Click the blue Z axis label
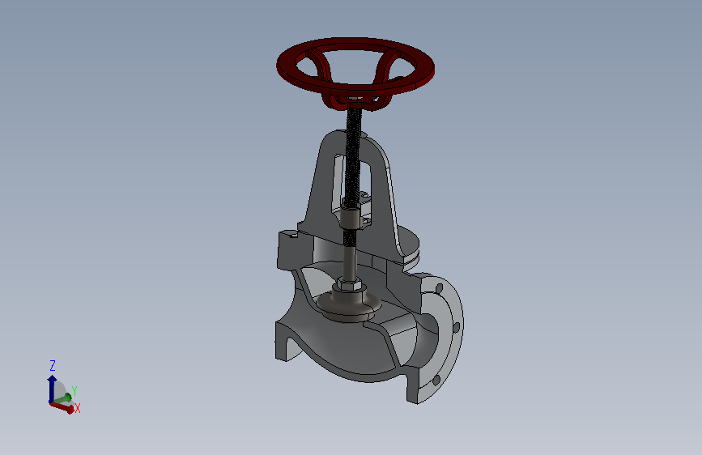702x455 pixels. tap(53, 365)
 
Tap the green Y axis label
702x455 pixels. tap(74, 391)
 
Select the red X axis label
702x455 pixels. tap(78, 408)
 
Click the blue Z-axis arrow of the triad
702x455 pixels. tap(52, 389)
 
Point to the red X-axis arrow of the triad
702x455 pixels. tap(62, 407)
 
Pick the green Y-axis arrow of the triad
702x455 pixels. tap(63, 398)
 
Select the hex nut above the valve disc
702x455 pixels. tap(349, 283)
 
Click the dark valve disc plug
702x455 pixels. tap(349, 304)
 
